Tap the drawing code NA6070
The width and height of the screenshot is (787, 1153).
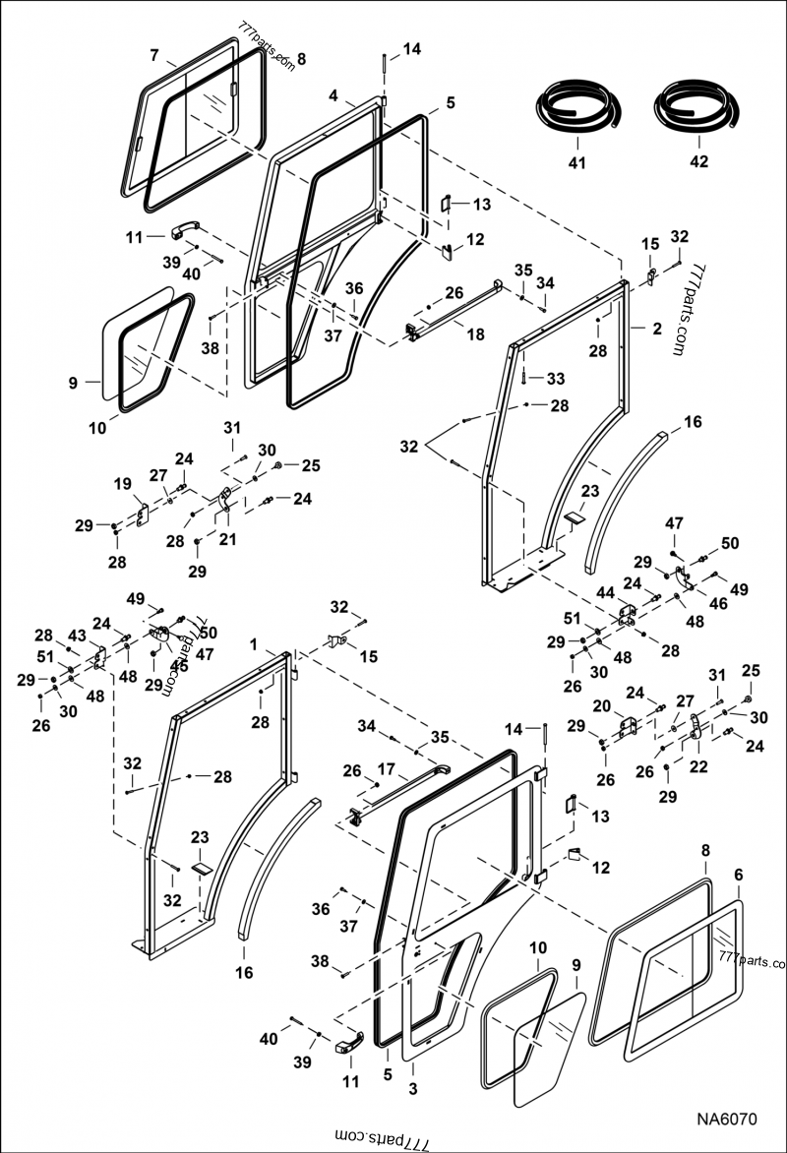point(727,1120)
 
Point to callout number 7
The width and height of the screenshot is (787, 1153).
point(154,54)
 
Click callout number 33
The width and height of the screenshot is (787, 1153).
point(555,378)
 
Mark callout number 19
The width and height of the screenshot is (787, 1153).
point(123,484)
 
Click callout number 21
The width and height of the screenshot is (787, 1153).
point(228,539)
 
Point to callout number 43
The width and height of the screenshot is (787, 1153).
point(77,637)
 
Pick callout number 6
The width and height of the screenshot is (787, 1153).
point(738,874)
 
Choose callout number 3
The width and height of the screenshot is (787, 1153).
point(412,1088)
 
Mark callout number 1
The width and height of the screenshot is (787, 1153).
point(253,643)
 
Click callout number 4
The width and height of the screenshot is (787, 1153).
point(334,95)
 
